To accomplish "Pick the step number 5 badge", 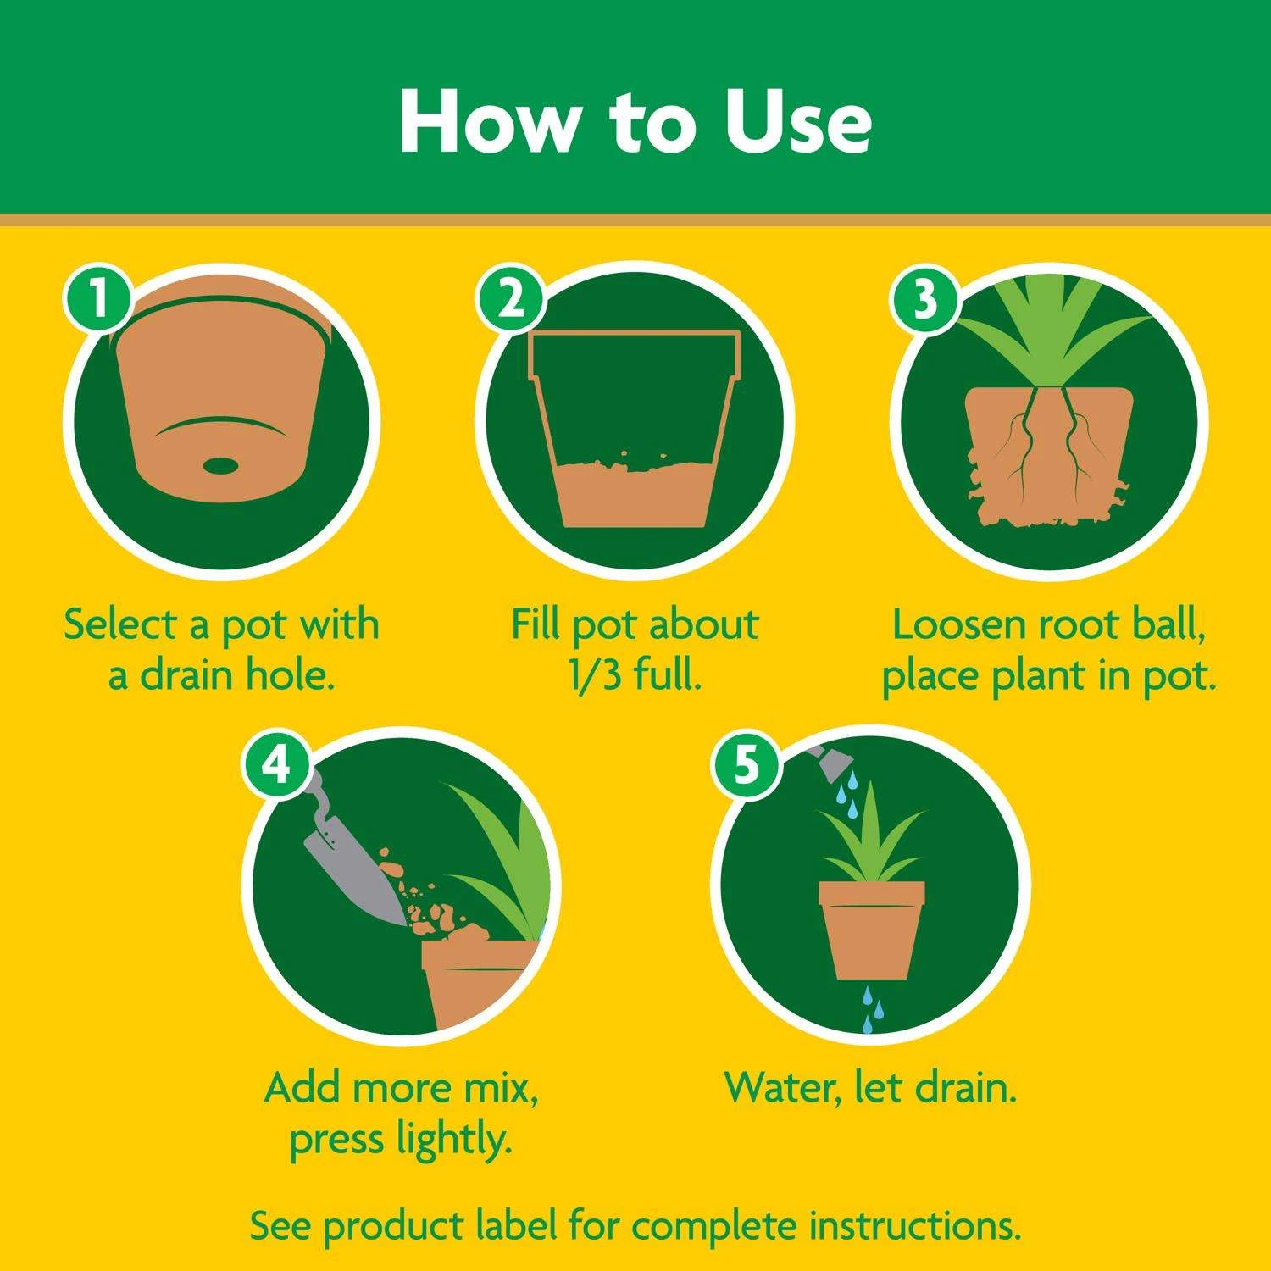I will point(746,764).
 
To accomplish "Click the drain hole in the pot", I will point(221,465).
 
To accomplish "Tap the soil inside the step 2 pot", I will point(634,496).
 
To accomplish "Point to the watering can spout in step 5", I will point(826,763).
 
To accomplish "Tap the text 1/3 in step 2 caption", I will point(596,675).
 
